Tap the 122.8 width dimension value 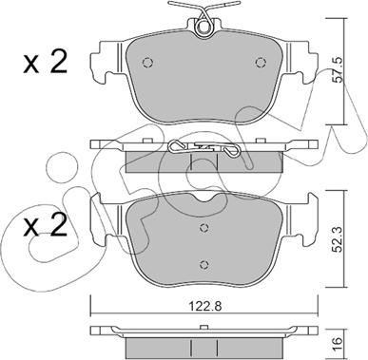coord(203,306)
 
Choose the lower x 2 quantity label coord(46,225)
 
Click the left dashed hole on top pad coord(147,63)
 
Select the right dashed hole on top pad coord(261,63)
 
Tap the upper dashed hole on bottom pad coord(204,227)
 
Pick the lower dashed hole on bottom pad coord(204,264)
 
